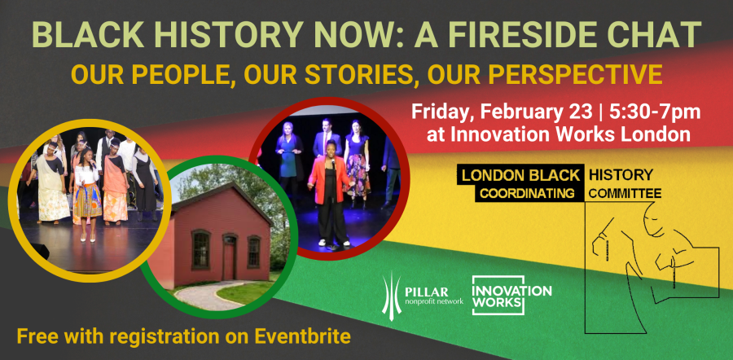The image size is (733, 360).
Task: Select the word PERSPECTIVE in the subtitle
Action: [x=576, y=74]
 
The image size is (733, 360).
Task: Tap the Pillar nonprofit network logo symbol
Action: [x=390, y=296]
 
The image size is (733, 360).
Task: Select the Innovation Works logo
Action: [x=511, y=296]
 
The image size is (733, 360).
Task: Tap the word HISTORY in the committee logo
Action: [x=621, y=175]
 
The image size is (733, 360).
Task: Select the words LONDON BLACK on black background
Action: [x=520, y=175]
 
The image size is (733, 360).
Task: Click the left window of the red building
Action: [x=201, y=249]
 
